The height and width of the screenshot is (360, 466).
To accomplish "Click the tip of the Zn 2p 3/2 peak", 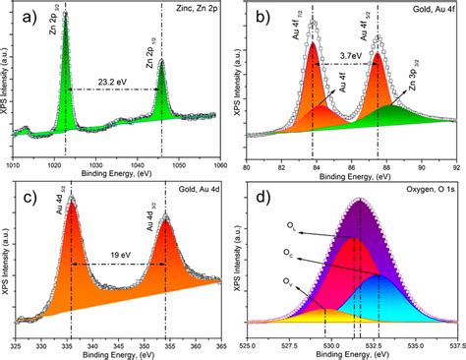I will pyautogui.click(x=65, y=13).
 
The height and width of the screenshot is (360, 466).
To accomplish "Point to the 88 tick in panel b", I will pyautogui.click(x=386, y=166).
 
